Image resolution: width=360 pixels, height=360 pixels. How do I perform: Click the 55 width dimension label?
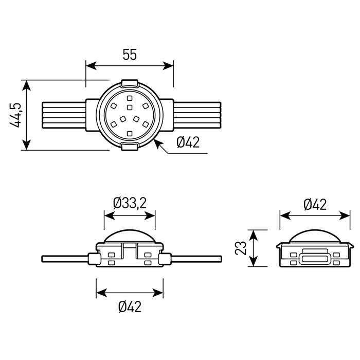[130, 55]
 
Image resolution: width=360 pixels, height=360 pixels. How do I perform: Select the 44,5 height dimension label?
[15, 115]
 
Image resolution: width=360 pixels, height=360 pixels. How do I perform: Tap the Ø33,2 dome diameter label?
[130, 203]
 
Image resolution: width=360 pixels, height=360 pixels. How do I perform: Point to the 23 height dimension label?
[241, 248]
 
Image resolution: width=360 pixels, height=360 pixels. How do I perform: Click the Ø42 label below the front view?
[130, 307]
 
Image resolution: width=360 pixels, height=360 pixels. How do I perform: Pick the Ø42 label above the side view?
[315, 205]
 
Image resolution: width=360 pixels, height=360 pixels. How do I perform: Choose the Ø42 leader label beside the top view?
[188, 142]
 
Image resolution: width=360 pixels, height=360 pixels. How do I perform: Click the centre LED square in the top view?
[130, 107]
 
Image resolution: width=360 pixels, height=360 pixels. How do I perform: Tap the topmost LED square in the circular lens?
[130, 98]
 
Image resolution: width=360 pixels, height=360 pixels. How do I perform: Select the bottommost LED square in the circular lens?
[130, 133]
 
